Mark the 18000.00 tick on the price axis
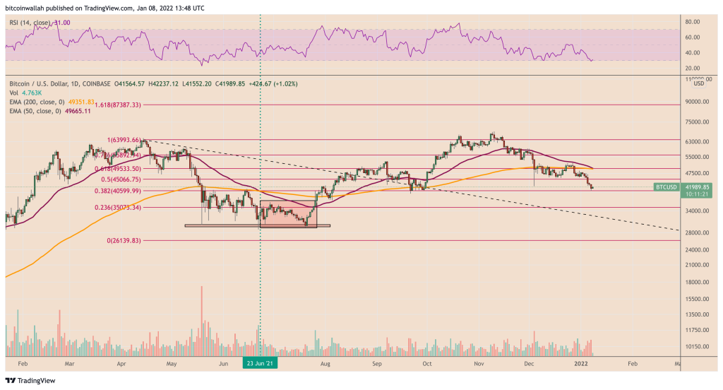tap(697, 282)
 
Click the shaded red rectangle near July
tap(288, 213)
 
